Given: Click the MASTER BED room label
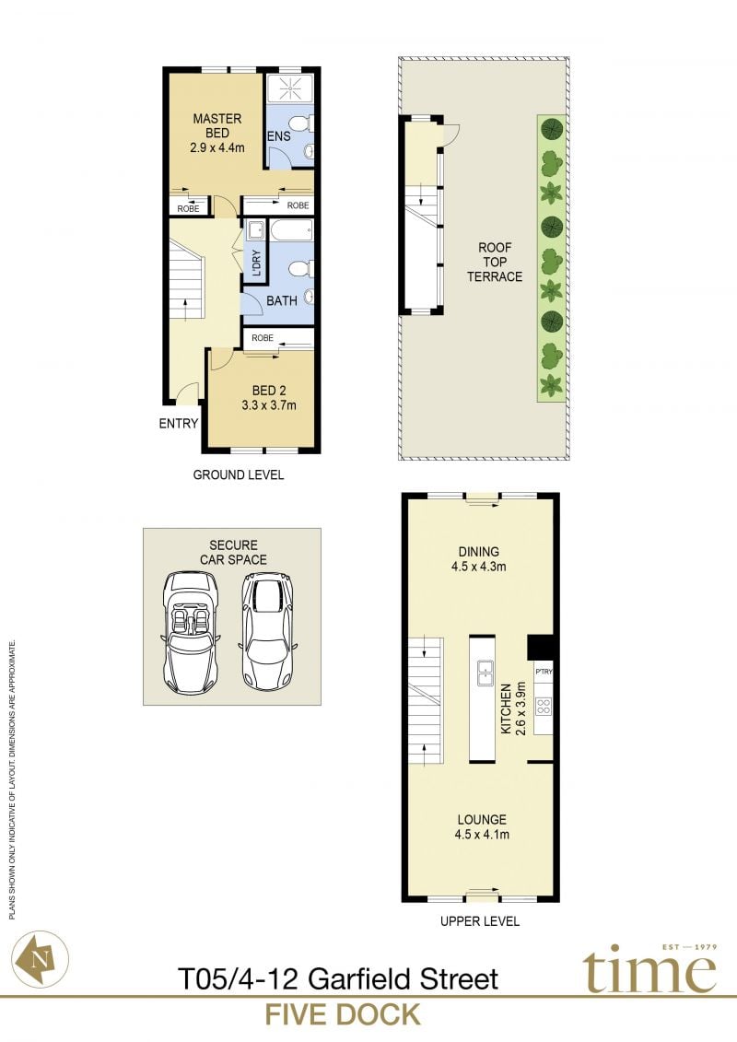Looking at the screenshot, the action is (x=217, y=125).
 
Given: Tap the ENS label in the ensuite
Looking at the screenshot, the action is (x=279, y=136).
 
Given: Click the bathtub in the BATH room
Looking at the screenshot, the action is (x=291, y=231).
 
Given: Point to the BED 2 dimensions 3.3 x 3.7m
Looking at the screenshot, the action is (x=269, y=404).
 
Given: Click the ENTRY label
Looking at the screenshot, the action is (x=178, y=423).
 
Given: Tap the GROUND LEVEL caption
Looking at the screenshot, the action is (x=238, y=474).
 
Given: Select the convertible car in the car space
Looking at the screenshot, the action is (x=190, y=632).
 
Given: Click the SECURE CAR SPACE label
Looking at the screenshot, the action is (x=233, y=552).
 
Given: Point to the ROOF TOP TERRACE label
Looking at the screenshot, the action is (x=495, y=262).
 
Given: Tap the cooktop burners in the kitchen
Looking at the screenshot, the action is (x=544, y=706).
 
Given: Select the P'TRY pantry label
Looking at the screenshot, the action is (x=544, y=672).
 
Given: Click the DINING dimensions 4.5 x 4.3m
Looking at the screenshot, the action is (x=478, y=567).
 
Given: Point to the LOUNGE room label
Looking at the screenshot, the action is (x=482, y=819).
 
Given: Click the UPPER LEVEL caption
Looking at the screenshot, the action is (x=480, y=921).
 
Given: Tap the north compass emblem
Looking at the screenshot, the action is (x=41, y=958).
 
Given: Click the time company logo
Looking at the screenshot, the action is (x=650, y=969).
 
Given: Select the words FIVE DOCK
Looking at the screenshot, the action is (x=343, y=1014).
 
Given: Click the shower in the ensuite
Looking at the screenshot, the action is (x=290, y=88).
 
